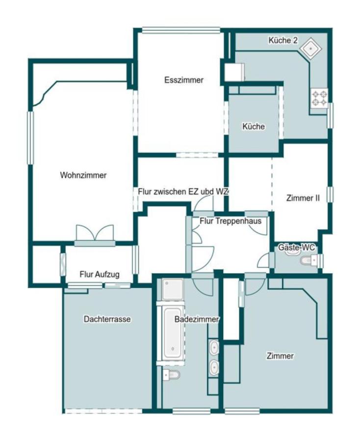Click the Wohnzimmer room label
tap(83, 175)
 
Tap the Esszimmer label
tap(184, 80)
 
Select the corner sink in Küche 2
tap(310, 49)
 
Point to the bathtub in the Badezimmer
tap(173, 333)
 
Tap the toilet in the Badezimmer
tap(171, 374)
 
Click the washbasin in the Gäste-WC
tap(293, 251)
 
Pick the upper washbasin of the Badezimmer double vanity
tap(214, 347)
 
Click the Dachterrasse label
tap(107, 319)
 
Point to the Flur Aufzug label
tap(100, 274)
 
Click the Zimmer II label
tap(303, 198)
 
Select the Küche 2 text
tap(283, 40)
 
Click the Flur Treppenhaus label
tap(231, 221)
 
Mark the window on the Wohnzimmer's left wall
tap(30, 138)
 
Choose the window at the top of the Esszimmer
tap(180, 30)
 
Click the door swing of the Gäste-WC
tap(263, 261)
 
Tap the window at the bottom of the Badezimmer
tap(191, 412)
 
